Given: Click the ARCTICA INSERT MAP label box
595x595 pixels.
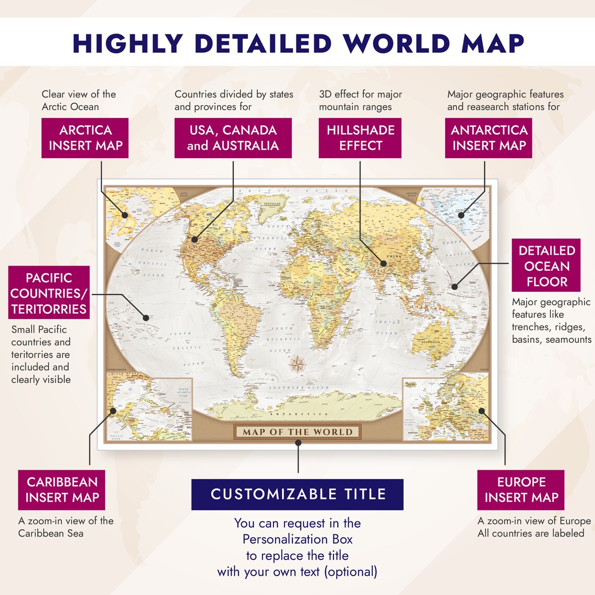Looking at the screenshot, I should [86, 138].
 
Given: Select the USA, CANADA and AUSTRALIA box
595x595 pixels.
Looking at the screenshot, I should [233, 138].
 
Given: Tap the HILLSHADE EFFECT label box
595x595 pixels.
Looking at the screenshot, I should [360, 138].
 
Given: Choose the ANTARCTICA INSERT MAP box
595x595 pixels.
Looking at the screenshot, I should [489, 138].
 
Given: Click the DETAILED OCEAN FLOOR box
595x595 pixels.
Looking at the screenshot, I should [546, 266].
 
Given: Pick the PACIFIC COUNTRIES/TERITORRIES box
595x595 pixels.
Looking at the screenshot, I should [49, 293].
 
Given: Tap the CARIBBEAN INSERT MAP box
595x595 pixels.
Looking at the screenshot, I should [62, 490].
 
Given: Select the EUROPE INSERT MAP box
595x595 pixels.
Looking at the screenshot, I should [520, 490].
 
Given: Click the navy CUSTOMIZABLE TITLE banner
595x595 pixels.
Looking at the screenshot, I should [297, 494].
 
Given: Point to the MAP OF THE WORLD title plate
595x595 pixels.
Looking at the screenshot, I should [297, 432].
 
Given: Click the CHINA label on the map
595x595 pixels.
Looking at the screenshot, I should [394, 257].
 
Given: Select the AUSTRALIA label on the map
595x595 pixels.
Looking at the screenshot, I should [431, 342].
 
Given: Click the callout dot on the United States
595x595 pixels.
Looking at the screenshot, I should [195, 240].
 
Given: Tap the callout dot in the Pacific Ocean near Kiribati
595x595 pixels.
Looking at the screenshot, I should [146, 317].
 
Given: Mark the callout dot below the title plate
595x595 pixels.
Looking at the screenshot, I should [298, 443].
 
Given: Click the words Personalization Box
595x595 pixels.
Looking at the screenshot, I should [297, 539].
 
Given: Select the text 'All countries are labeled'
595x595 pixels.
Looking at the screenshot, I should [531, 533].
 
